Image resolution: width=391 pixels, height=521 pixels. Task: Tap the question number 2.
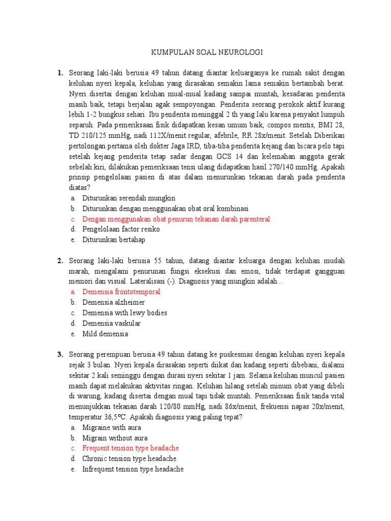click(60, 260)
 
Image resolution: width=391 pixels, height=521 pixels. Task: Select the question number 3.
click(60, 354)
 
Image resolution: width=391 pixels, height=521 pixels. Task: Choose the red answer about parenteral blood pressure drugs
click(176, 219)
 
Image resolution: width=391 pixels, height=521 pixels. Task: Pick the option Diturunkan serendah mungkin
click(129, 198)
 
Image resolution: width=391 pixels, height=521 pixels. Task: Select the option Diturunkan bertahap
click(114, 240)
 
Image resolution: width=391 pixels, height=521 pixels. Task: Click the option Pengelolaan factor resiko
click(121, 229)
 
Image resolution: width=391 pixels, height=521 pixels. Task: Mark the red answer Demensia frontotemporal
click(121, 292)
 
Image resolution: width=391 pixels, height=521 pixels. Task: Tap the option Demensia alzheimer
click(114, 302)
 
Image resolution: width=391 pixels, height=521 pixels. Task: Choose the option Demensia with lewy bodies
click(125, 313)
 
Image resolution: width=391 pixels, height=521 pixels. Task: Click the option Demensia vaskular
click(111, 323)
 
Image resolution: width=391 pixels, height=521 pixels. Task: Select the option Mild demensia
click(105, 334)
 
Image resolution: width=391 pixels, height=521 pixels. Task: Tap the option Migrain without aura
click(115, 438)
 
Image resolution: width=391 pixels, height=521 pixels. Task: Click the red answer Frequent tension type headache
click(131, 448)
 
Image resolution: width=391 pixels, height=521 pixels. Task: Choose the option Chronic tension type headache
click(129, 459)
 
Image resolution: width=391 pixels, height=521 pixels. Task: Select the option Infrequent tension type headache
click(133, 469)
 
